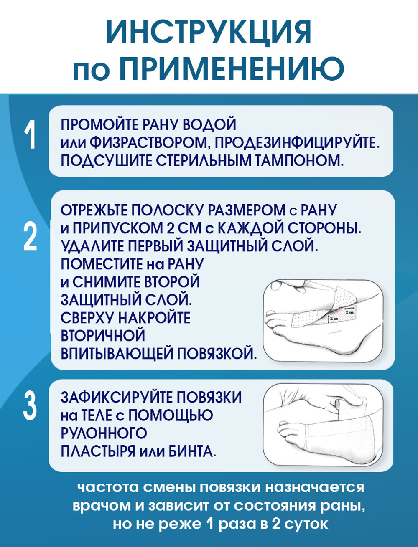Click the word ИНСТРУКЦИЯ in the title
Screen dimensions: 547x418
click(209, 33)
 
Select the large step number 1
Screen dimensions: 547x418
click(30, 135)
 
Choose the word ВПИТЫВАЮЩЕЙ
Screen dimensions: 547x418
click(117, 354)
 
